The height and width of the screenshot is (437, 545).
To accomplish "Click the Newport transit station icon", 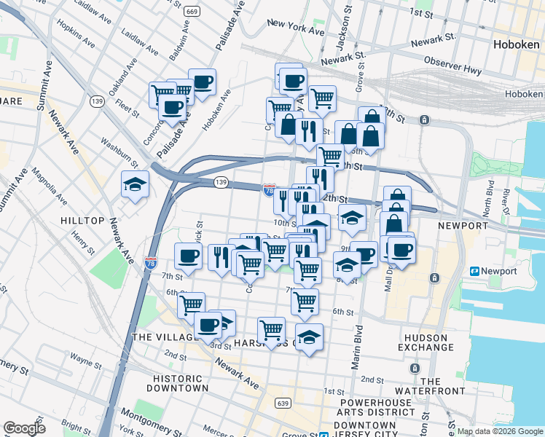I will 474,271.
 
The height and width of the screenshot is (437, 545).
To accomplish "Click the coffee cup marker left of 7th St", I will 188,256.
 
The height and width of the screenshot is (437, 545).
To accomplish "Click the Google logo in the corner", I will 25,428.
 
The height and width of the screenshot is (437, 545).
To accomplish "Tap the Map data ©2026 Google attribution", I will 500,431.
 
